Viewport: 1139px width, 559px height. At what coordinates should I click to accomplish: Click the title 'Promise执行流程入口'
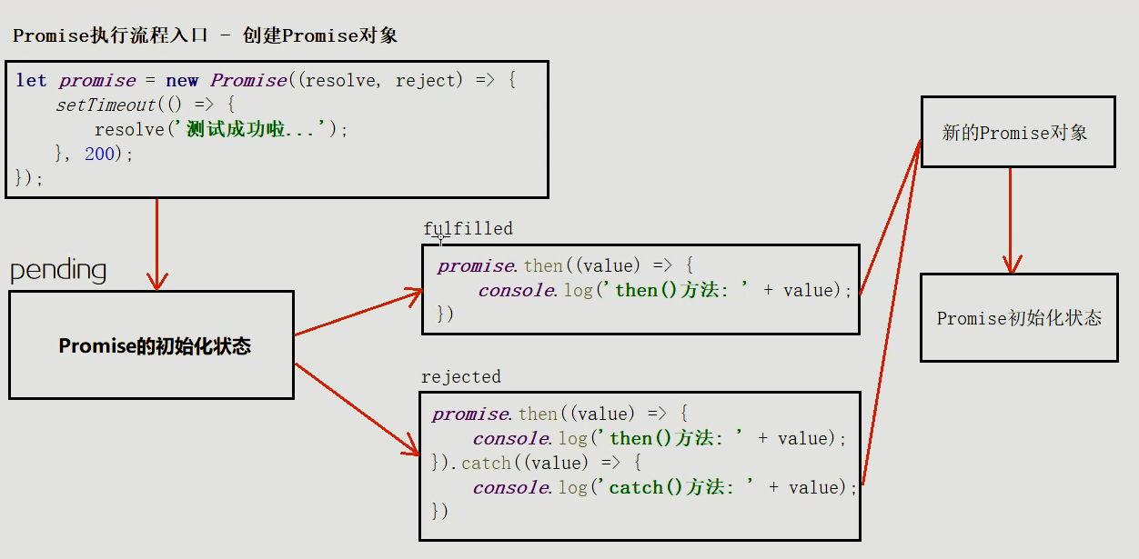tap(109, 35)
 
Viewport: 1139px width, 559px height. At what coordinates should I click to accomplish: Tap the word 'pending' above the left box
tap(58, 270)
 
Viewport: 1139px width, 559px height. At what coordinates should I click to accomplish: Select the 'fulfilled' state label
tap(468, 228)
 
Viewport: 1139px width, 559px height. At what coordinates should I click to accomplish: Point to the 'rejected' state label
tap(460, 376)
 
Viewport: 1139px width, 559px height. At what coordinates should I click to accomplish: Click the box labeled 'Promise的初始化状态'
tap(152, 345)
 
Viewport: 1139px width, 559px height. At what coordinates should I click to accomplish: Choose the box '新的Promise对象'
tap(1017, 133)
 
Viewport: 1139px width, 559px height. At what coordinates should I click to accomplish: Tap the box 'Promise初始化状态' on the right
tap(1019, 318)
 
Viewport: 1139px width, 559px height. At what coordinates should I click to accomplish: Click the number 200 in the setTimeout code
tap(99, 154)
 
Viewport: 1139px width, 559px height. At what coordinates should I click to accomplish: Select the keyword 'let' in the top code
tap(31, 80)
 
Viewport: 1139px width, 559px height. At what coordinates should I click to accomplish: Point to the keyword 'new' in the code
tap(182, 80)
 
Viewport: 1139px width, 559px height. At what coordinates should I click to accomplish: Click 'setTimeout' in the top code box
tap(106, 105)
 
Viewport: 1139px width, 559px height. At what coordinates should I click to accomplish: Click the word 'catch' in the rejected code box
tap(486, 463)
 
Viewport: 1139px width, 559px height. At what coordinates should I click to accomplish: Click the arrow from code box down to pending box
tap(157, 244)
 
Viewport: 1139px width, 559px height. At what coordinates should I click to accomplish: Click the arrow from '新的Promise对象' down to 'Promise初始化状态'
tap(1010, 220)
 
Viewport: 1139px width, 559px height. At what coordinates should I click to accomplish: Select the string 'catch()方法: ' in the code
tap(673, 487)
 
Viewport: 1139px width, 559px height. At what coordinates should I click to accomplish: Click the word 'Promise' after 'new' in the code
tap(248, 80)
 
